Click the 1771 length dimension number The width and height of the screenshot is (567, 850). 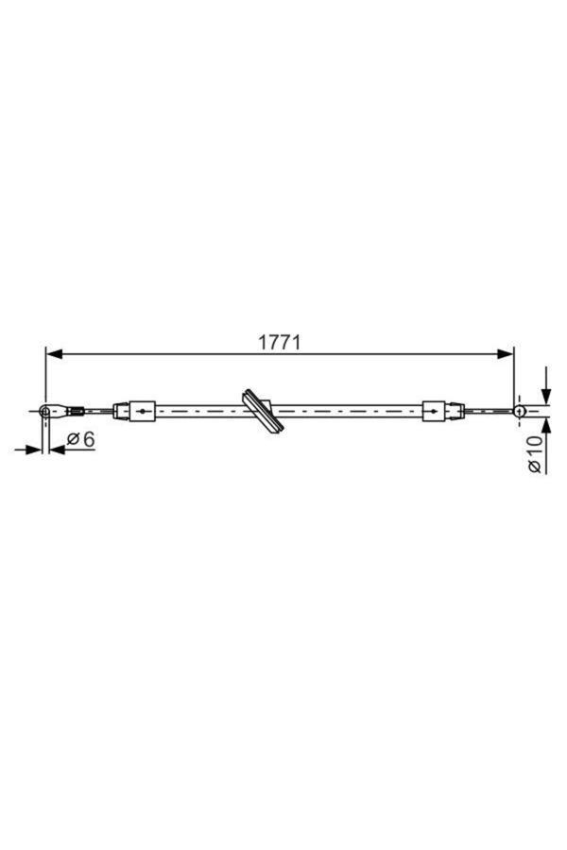pyautogui.click(x=280, y=342)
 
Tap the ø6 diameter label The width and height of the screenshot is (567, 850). pyautogui.click(x=81, y=439)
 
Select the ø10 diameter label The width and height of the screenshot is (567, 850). pyautogui.click(x=536, y=453)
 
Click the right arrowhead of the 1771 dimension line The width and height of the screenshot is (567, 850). pyautogui.click(x=507, y=354)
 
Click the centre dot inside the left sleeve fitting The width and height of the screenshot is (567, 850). pyautogui.click(x=142, y=411)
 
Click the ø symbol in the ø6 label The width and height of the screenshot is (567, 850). pyautogui.click(x=73, y=439)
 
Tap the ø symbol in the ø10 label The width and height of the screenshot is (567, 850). pyautogui.click(x=536, y=466)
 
